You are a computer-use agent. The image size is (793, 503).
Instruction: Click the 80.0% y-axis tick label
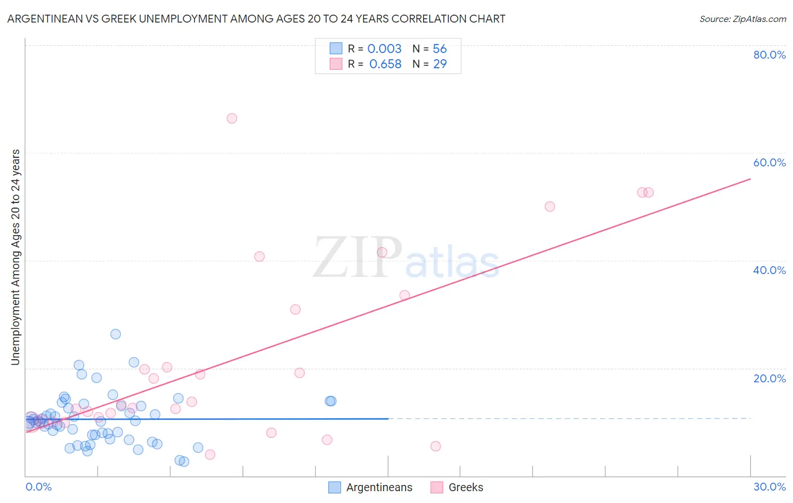pos(769,55)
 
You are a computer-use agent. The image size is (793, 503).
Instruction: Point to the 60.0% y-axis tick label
pos(769,162)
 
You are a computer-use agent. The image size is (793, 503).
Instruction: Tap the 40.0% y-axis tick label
pos(769,270)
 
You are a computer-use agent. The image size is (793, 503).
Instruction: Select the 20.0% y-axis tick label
pos(769,378)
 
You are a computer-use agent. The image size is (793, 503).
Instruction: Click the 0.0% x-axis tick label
pos(39,487)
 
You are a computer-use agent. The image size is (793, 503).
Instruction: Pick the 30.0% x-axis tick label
pos(769,487)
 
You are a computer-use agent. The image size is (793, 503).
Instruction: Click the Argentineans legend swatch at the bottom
pos(334,487)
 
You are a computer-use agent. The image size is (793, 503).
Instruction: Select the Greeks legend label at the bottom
pos(466,487)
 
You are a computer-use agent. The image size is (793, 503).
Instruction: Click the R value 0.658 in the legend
pos(385,64)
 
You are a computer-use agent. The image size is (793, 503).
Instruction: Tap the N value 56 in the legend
pos(440,49)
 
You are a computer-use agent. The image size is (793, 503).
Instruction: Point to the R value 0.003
pos(384,49)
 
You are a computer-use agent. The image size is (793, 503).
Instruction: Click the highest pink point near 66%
pos(232,118)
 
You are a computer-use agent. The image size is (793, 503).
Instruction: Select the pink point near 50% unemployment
pos(550,206)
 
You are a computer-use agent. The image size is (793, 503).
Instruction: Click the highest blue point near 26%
pos(116,334)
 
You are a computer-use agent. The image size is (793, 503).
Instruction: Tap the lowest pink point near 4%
pos(210,455)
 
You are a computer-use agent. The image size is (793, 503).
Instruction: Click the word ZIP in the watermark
pos(358,258)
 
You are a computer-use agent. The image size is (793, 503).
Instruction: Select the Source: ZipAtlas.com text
pos(742,19)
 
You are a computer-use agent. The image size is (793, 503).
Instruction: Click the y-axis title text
pos(16,257)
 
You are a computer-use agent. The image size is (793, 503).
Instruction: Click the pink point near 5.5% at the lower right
pos(435,446)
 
